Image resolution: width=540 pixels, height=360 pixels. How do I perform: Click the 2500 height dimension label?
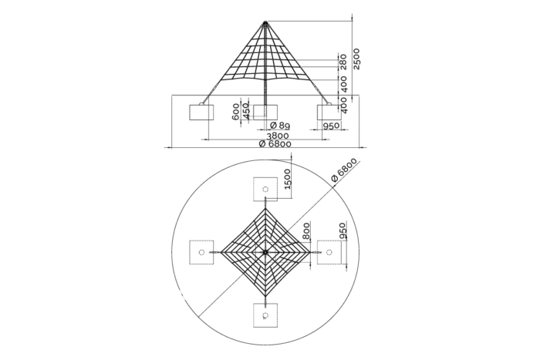click(356, 59)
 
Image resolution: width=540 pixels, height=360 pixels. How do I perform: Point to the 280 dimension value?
click(343, 62)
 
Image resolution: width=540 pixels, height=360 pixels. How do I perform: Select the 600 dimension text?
click(236, 112)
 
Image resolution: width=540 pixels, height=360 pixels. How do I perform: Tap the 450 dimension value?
click(246, 111)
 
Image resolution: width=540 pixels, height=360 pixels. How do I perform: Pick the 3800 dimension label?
click(278, 136)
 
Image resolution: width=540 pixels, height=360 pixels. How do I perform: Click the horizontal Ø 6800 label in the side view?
click(275, 143)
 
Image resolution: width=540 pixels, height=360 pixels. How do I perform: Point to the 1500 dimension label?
click(288, 179)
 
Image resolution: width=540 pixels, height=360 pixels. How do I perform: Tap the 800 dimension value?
click(306, 231)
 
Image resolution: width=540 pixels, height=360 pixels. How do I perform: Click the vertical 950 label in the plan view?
click(342, 231)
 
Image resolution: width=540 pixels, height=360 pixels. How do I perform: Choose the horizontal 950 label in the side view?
click(331, 126)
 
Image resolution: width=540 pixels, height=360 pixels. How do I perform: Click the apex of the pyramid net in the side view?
click(265, 22)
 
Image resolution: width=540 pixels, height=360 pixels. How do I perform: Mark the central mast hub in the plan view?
click(265, 252)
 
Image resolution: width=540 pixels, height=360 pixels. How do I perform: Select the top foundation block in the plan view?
click(265, 189)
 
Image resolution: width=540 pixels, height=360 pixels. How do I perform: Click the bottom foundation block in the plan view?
click(265, 315)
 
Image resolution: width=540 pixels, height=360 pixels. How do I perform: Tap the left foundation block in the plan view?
click(201, 252)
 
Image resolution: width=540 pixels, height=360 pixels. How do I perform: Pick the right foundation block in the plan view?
click(329, 252)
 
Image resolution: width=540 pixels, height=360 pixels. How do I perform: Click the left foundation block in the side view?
click(201, 113)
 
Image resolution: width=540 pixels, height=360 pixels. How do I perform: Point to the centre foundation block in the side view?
click(265, 113)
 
